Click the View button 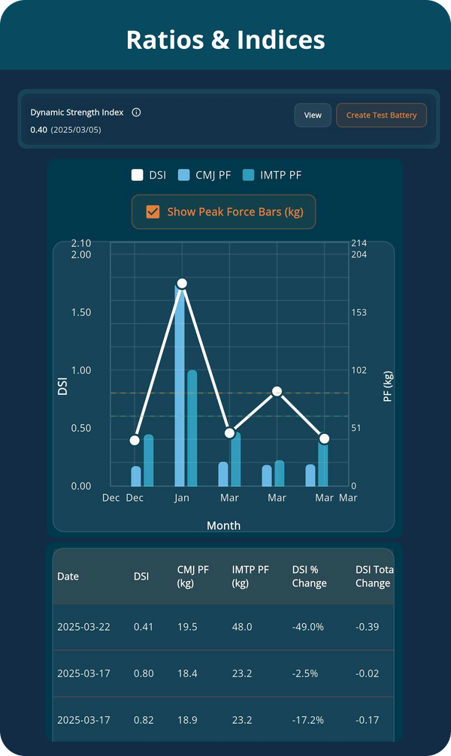[x=313, y=116]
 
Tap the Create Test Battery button [x=381, y=116]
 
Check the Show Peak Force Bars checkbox [x=153, y=212]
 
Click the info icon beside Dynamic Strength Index [x=136, y=113]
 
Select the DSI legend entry [x=149, y=175]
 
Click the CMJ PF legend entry [x=204, y=175]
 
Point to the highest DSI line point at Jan [x=181, y=284]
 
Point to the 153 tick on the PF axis [x=359, y=312]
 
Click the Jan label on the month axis [x=181, y=498]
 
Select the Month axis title [x=223, y=526]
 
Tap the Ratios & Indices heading [x=225, y=39]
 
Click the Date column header [x=68, y=577]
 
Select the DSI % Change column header [x=309, y=577]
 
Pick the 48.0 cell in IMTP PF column [x=242, y=627]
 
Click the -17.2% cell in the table [x=307, y=720]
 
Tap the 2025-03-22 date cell [x=83, y=627]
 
